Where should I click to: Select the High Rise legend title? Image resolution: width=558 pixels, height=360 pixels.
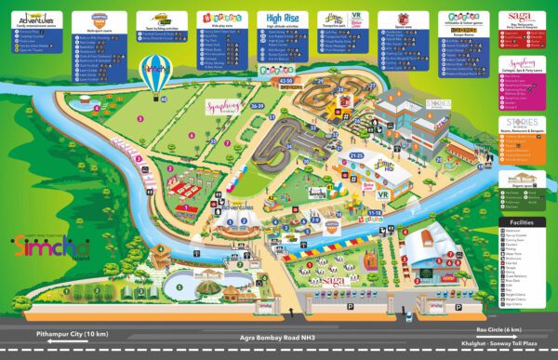(284, 17)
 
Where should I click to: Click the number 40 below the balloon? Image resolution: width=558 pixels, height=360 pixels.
(164, 98)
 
